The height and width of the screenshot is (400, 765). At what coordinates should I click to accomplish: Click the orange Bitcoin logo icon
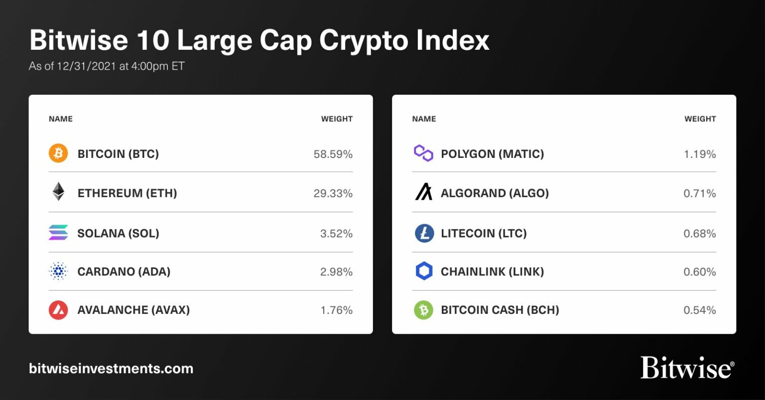pyautogui.click(x=58, y=153)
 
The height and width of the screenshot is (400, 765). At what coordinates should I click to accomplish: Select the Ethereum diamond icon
pyautogui.click(x=58, y=192)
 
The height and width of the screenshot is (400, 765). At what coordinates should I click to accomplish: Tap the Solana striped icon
pyautogui.click(x=58, y=233)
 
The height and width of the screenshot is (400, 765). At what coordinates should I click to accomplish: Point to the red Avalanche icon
pyautogui.click(x=58, y=310)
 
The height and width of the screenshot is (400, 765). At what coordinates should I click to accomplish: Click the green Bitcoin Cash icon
pyautogui.click(x=423, y=310)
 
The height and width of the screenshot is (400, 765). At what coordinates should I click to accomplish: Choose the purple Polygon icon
pyautogui.click(x=423, y=153)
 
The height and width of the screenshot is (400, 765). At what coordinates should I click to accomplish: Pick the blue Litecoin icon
pyautogui.click(x=424, y=233)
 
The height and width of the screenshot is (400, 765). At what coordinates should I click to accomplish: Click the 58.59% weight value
pyautogui.click(x=333, y=154)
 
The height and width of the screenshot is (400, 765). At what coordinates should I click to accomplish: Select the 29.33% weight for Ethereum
pyautogui.click(x=333, y=193)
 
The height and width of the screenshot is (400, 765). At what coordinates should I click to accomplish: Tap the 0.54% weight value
pyautogui.click(x=699, y=310)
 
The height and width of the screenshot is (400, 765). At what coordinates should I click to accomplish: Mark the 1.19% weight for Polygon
pyautogui.click(x=699, y=154)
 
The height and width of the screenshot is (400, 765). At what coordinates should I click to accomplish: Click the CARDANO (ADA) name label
pyautogui.click(x=124, y=271)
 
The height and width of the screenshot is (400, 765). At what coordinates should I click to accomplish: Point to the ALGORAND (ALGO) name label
pyautogui.click(x=495, y=193)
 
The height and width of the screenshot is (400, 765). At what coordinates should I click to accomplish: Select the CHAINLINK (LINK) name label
pyautogui.click(x=492, y=271)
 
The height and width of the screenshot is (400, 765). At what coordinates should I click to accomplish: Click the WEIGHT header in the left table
pyautogui.click(x=337, y=119)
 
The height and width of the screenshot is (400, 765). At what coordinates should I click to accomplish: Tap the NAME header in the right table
pyautogui.click(x=424, y=119)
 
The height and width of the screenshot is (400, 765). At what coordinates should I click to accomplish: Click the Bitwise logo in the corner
pyautogui.click(x=687, y=368)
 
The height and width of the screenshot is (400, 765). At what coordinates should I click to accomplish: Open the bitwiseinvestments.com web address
pyautogui.click(x=111, y=369)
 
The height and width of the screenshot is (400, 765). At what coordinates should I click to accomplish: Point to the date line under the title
pyautogui.click(x=107, y=66)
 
